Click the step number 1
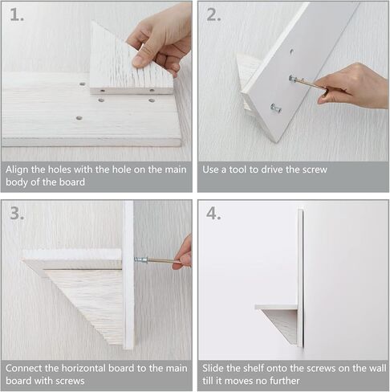pos(17,14)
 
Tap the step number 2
pos(213,14)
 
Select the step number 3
pos(17,214)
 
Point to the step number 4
pos(213,214)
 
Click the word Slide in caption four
pos(213,368)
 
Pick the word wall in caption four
pos(377,368)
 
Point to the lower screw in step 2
pos(276,108)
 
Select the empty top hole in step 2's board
pos(291,51)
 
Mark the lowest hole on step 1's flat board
pos(79,118)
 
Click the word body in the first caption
pos(17,182)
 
